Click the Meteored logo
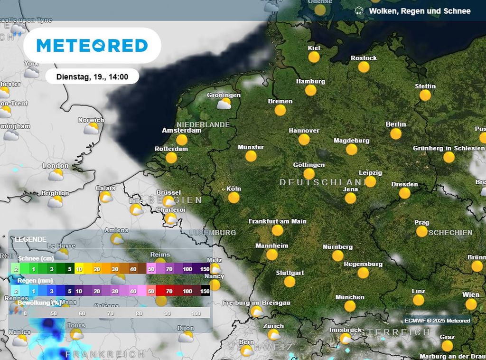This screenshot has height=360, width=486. [92, 46]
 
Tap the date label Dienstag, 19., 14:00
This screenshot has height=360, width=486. [92, 76]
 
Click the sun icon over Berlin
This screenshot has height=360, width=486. [396, 133]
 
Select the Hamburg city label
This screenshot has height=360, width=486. [310, 81]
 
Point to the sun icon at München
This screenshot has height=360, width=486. [350, 306]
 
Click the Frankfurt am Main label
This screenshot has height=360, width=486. [277, 221]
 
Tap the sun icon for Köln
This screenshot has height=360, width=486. [234, 198]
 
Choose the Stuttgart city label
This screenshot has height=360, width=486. [290, 273]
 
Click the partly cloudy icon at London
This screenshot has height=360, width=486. [56, 175]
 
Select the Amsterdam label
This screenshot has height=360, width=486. [182, 131]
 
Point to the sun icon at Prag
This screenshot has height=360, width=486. [421, 231]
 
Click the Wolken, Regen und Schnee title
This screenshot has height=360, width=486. [420, 11]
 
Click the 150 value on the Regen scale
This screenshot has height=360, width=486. [205, 291]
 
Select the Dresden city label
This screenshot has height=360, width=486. [405, 184]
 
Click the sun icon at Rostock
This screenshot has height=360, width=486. [364, 67]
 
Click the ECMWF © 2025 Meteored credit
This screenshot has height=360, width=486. [437, 321]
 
